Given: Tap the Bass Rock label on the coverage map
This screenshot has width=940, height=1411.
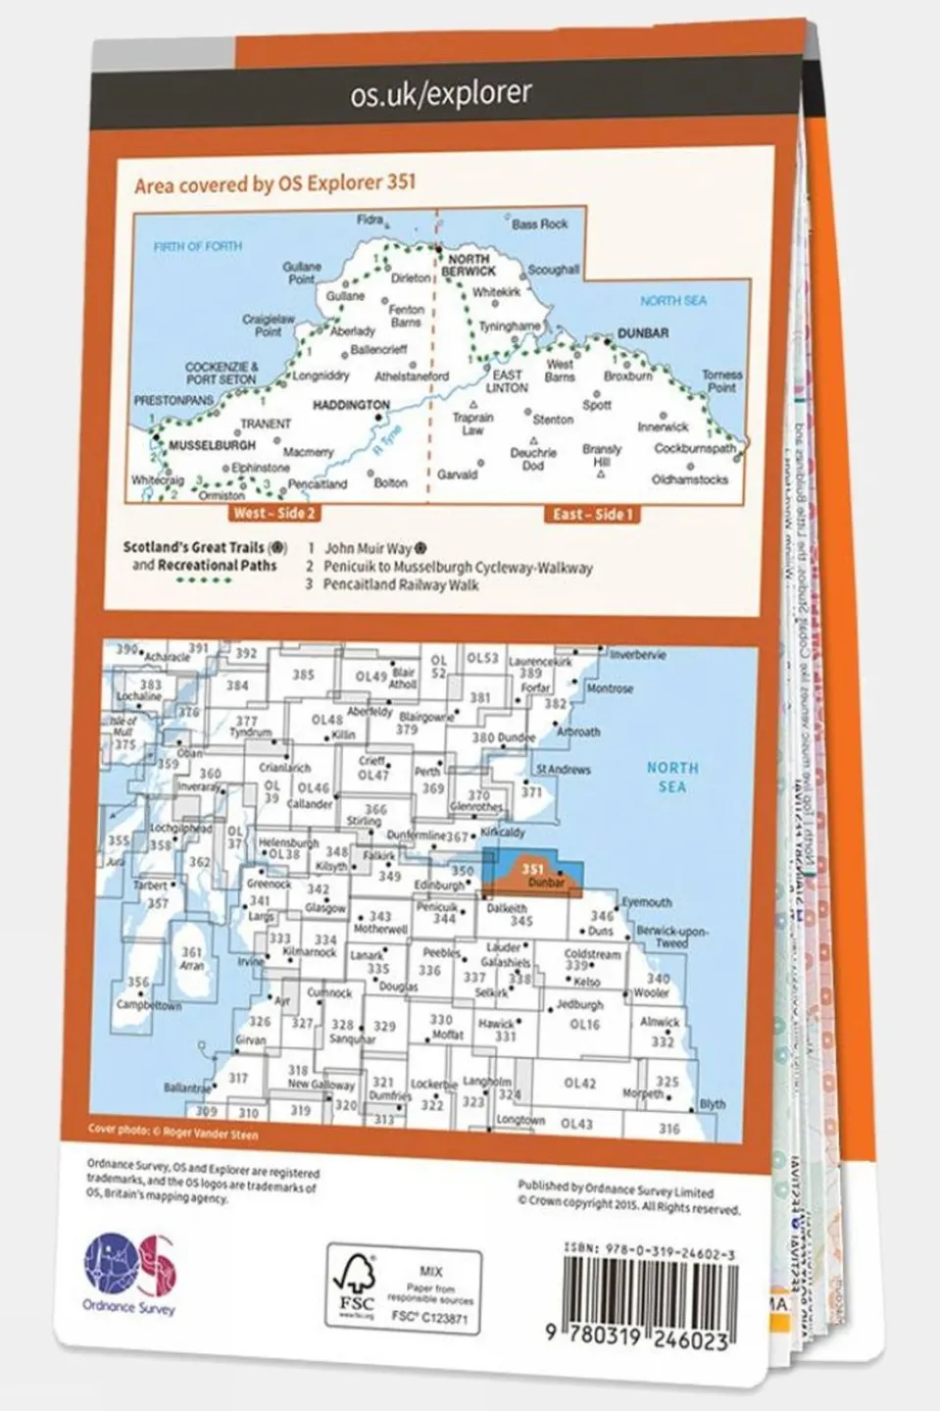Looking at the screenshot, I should (x=539, y=224).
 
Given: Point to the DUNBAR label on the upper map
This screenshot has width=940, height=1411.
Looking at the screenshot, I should (x=642, y=333).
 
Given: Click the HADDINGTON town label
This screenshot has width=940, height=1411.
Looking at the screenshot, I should (x=351, y=404).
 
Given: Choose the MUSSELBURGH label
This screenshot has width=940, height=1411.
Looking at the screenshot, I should (x=212, y=445).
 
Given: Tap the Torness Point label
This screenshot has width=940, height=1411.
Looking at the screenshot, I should (x=721, y=380).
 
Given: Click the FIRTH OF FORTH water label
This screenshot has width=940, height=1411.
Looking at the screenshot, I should (x=197, y=246).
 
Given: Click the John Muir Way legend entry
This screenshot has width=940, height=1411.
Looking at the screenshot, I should (x=369, y=550).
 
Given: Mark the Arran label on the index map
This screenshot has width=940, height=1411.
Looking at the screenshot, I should (x=192, y=965).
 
